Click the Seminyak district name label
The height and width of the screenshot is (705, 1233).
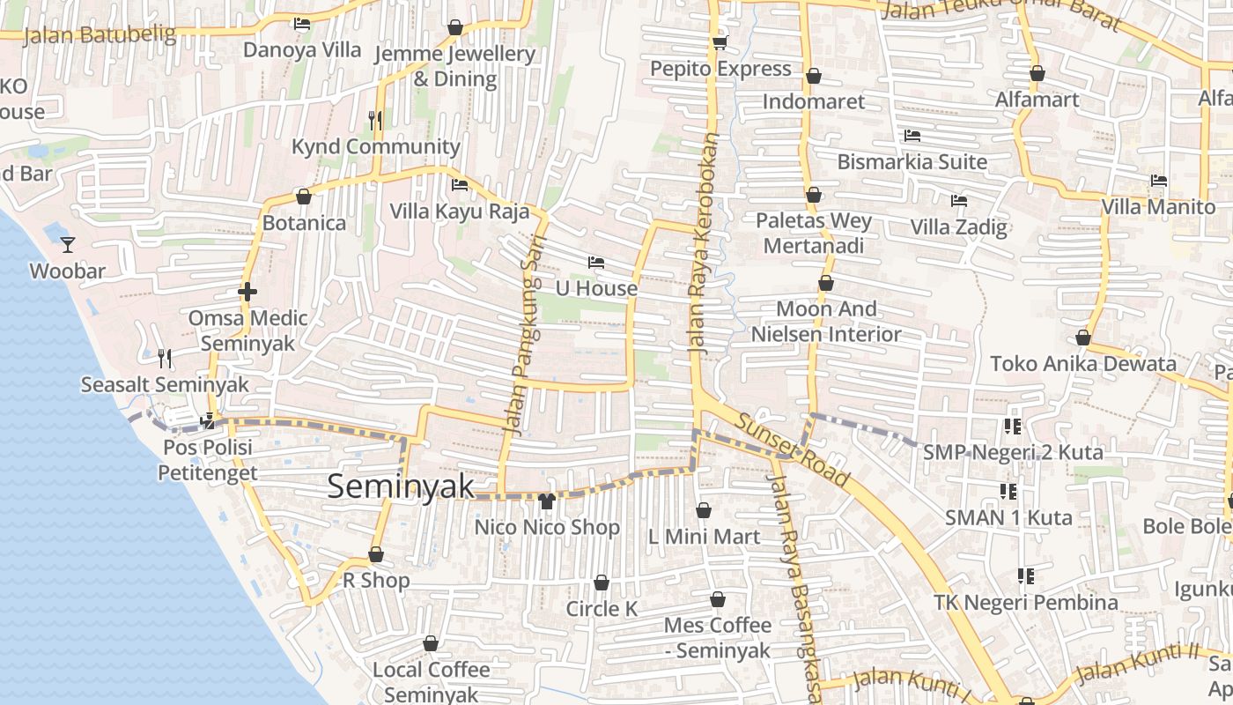[x=401, y=486]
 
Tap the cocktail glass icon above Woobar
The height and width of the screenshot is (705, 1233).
[x=68, y=244]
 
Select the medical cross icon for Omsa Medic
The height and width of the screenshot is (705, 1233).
[x=247, y=292]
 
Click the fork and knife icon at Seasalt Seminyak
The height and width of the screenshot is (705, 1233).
[x=164, y=358]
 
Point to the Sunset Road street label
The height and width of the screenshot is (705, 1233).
[x=794, y=449]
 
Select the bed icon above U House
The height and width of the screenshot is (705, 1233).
[x=596, y=263]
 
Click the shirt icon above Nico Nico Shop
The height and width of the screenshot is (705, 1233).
[x=547, y=501]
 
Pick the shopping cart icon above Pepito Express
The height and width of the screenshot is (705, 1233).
[x=720, y=42]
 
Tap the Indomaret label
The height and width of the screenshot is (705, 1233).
[x=814, y=101]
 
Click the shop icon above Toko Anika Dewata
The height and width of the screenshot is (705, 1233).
[x=1083, y=338]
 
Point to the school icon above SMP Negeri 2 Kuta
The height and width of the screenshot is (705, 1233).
[x=1013, y=427]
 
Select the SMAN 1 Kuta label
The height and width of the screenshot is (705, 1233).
[x=1008, y=517]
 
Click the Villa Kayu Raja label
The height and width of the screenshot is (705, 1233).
[x=460, y=211]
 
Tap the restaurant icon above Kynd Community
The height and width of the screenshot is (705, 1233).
[x=376, y=120]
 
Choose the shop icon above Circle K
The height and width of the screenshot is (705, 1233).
[x=602, y=583]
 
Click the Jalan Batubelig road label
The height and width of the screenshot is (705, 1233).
[x=100, y=35]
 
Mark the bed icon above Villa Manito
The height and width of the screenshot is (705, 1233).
[x=1159, y=181]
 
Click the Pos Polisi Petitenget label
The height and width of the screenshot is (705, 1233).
[x=208, y=460]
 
